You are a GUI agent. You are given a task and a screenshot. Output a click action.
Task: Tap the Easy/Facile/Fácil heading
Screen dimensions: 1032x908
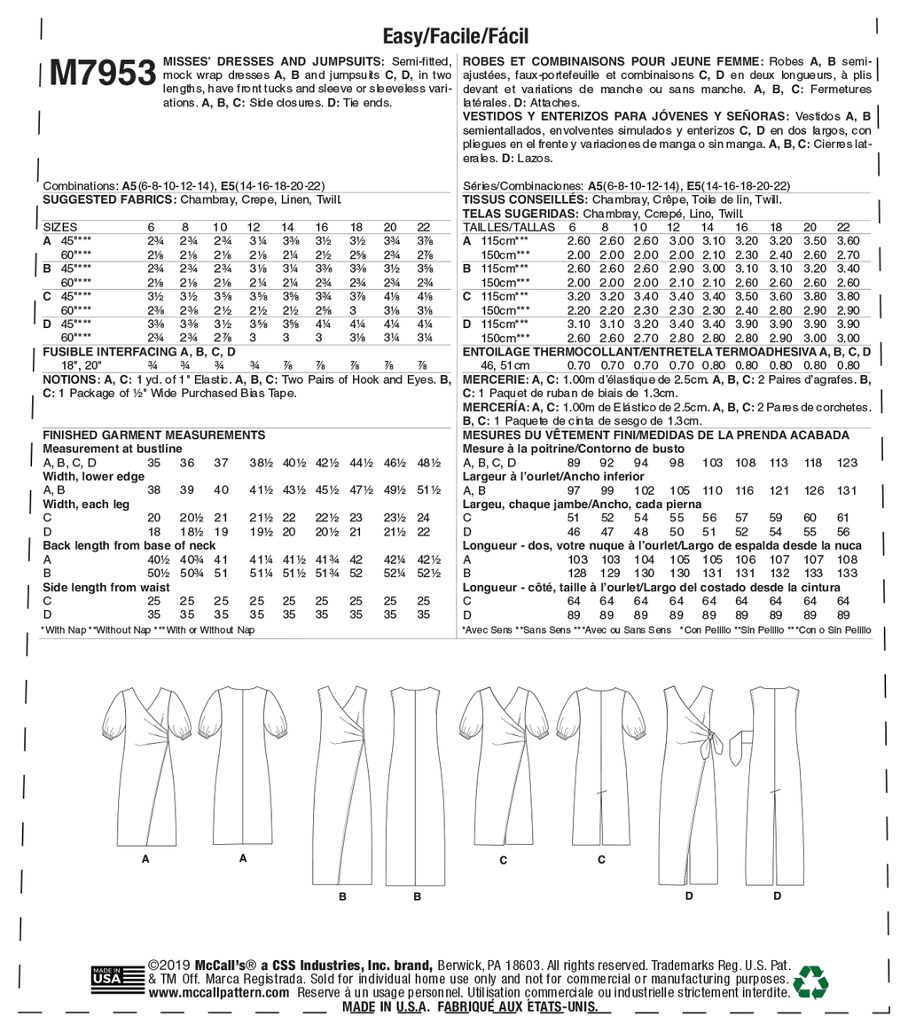coord(455,35)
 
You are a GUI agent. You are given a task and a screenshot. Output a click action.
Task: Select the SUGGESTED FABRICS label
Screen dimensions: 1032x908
coord(109,200)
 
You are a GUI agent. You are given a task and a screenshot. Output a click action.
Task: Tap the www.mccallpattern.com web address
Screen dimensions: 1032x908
coord(219,993)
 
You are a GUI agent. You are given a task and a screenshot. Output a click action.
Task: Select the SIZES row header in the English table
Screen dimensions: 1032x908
coord(61,227)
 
